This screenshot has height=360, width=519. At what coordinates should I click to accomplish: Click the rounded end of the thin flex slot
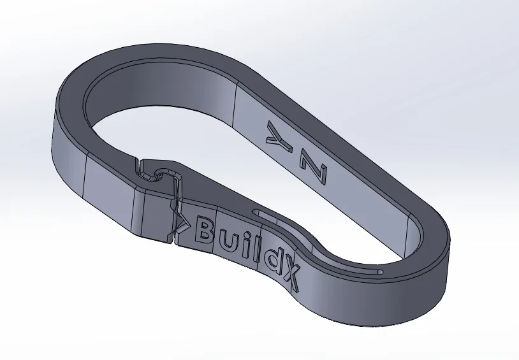point(380,271)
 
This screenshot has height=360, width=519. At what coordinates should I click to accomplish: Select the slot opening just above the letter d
point(258,210)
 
